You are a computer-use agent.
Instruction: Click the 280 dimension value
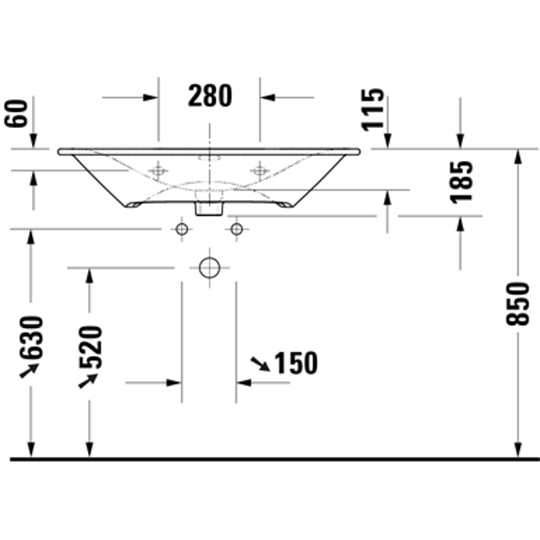210,96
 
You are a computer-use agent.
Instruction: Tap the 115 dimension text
372,110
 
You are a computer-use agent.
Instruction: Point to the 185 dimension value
462,182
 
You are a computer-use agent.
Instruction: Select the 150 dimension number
296,364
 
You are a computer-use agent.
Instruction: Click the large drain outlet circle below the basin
209,268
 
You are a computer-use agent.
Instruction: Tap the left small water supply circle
182,230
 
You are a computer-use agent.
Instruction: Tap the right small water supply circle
236,230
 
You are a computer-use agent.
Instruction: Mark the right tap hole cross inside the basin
259,170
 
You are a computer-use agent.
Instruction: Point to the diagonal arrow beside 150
260,365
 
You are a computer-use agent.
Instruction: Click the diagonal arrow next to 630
30,369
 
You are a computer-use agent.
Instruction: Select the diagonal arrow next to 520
87,381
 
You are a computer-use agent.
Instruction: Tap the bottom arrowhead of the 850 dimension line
518,452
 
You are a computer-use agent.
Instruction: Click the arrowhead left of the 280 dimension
151,98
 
